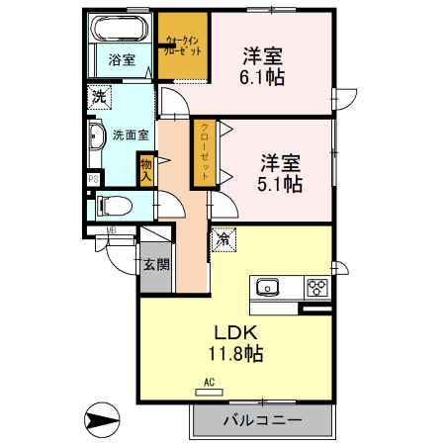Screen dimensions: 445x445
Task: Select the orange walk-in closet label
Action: click(184, 45)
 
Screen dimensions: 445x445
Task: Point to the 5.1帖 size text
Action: click(281, 183)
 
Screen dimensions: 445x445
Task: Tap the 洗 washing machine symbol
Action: click(98, 97)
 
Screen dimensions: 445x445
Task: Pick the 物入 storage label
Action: click(146, 171)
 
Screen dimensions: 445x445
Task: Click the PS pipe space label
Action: click(94, 179)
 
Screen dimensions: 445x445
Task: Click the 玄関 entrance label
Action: click(155, 264)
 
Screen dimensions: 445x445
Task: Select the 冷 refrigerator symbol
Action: click(222, 238)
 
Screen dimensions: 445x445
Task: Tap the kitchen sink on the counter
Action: click(268, 288)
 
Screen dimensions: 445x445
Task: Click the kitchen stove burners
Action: click(317, 288)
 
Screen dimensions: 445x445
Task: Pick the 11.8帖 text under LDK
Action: click(234, 353)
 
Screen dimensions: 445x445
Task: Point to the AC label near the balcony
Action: click(209, 381)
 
